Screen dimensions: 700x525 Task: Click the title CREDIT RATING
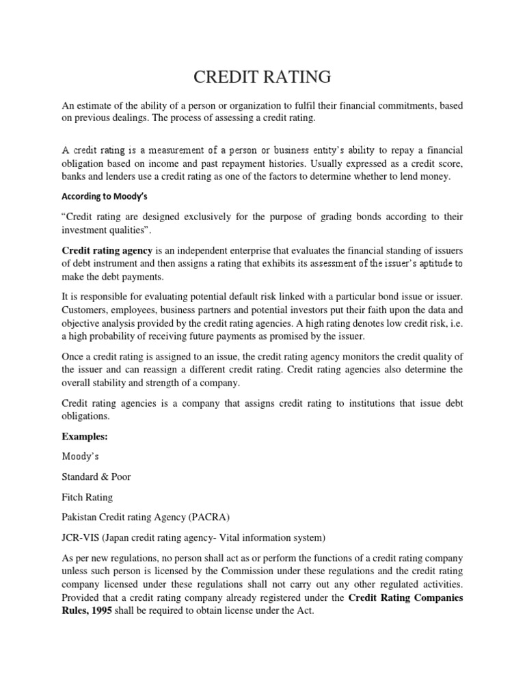point(262,77)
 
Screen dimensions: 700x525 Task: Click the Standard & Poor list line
point(96,476)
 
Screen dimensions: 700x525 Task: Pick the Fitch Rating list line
point(88,498)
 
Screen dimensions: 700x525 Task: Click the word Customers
point(85,310)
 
